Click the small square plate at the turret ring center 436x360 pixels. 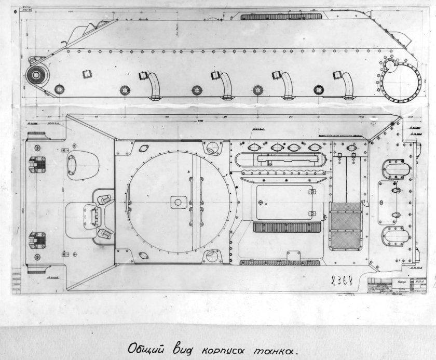click(178, 202)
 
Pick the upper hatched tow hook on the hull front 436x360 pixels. click(37, 164)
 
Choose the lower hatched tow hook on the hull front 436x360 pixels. click(37, 239)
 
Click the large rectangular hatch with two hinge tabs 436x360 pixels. click(284, 201)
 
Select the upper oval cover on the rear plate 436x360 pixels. click(396, 169)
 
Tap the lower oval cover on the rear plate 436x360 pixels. click(396, 236)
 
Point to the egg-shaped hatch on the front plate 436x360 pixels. click(82, 164)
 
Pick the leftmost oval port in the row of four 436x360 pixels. click(254, 148)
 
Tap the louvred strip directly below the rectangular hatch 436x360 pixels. click(284, 227)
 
